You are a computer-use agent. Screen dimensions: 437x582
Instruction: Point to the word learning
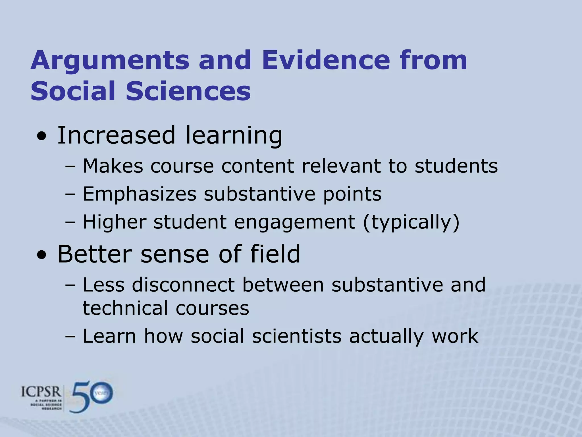click(234, 136)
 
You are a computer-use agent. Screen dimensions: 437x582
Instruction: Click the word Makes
click(113, 166)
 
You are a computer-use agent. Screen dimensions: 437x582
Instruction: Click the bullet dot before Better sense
click(42, 255)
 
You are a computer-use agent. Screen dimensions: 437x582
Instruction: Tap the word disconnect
click(183, 285)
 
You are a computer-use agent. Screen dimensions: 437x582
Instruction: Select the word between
click(283, 285)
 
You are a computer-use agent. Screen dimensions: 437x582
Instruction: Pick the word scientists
click(296, 336)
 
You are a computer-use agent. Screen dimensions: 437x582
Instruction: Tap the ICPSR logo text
click(41, 392)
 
